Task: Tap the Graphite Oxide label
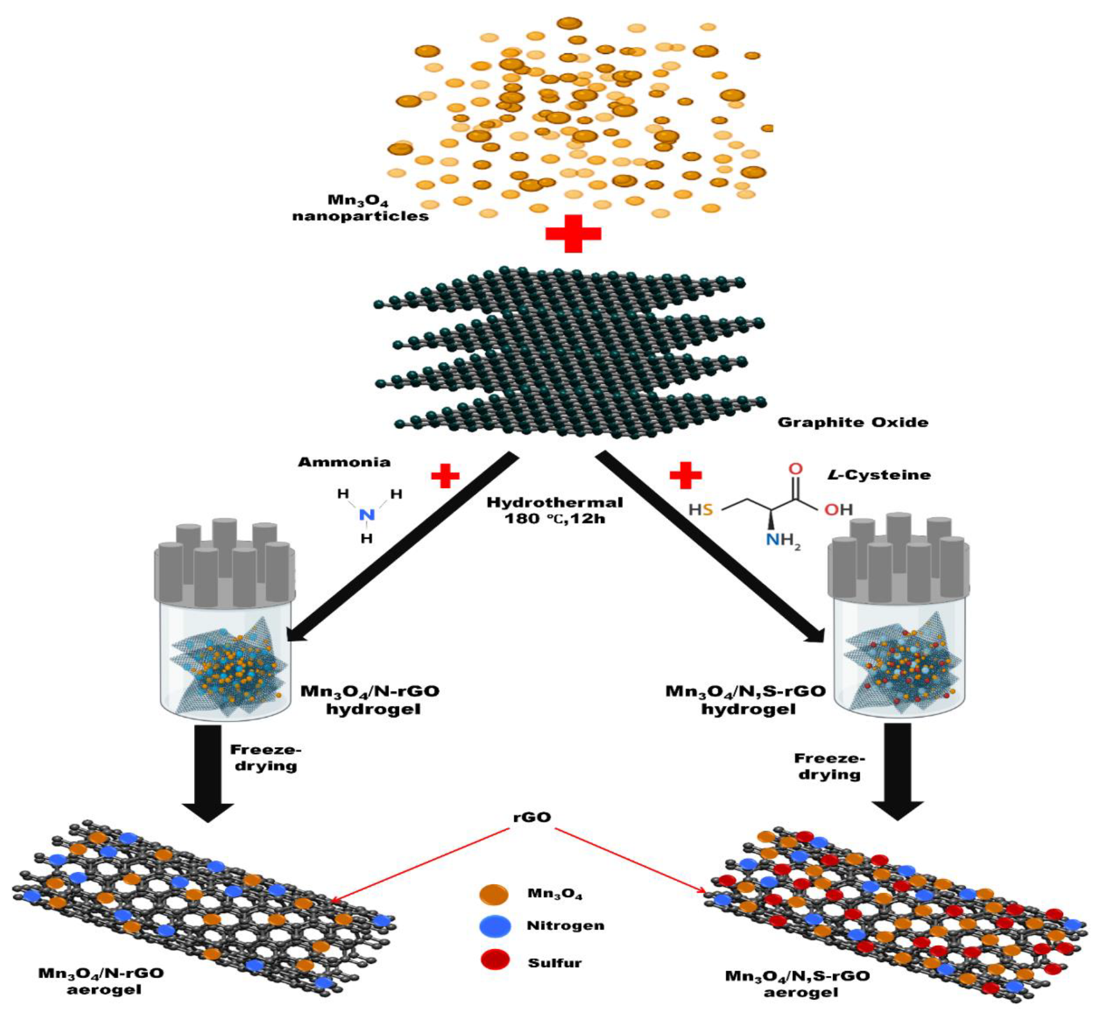coord(852,422)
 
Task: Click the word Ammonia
coord(344,462)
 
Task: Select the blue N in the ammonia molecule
coord(366,514)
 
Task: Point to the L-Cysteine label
coord(878,475)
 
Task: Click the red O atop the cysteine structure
coord(795,469)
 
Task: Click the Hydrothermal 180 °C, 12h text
coord(554,510)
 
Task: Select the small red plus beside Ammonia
coord(445,476)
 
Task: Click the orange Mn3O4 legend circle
coord(494,894)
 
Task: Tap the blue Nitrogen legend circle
coord(494,926)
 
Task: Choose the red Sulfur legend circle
coord(494,960)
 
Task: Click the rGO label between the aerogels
coord(532,817)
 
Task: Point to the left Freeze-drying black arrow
coord(208,772)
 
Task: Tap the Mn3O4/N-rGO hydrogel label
coord(371,700)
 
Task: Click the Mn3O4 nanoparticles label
coord(360,208)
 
